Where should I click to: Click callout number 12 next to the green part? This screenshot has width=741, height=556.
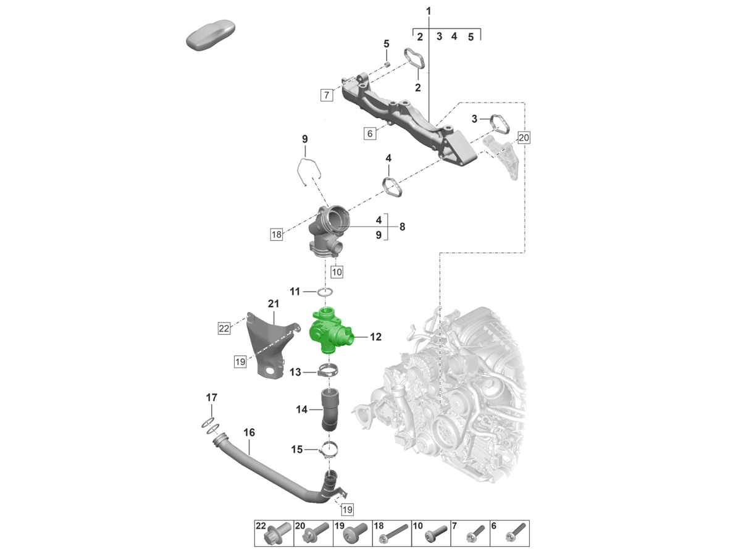(375, 337)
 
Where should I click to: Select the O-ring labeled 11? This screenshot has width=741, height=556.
(327, 292)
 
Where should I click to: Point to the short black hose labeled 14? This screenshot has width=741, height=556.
(329, 410)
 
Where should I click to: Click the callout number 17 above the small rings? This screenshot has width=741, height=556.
(211, 397)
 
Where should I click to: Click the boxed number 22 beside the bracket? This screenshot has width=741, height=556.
(224, 329)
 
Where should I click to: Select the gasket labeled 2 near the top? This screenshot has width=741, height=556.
(416, 59)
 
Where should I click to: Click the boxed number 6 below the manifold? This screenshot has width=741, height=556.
(370, 133)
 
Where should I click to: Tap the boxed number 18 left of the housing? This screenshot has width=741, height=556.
(275, 234)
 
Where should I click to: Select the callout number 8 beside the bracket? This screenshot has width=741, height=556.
(402, 227)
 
